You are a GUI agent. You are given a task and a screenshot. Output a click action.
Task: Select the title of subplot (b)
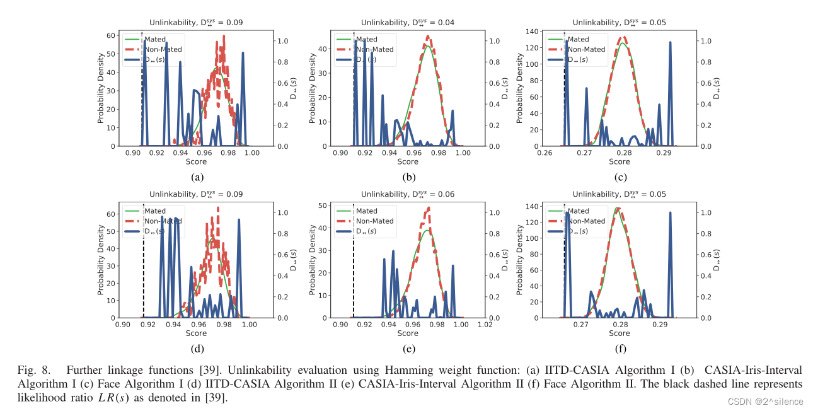407,23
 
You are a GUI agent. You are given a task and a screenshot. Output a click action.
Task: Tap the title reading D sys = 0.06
407,194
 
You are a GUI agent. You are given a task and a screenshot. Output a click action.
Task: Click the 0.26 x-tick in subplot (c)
545,153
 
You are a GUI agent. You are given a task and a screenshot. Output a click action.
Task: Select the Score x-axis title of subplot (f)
620,333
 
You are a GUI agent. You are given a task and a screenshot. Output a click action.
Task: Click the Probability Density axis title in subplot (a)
101,88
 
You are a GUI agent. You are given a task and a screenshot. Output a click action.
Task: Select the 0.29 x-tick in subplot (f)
660,324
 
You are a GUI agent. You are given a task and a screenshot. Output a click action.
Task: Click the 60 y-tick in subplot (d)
111,214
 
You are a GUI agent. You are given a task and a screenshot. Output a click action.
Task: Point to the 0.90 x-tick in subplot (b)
340,153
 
